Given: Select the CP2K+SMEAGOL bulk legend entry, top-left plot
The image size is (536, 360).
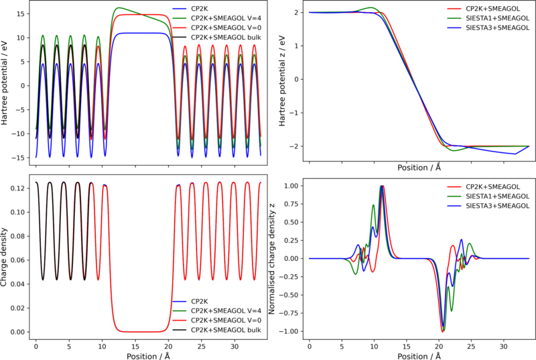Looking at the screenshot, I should pyautogui.click(x=226, y=37).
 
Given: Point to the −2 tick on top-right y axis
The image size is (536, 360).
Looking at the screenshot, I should pyautogui.click(x=295, y=146).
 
